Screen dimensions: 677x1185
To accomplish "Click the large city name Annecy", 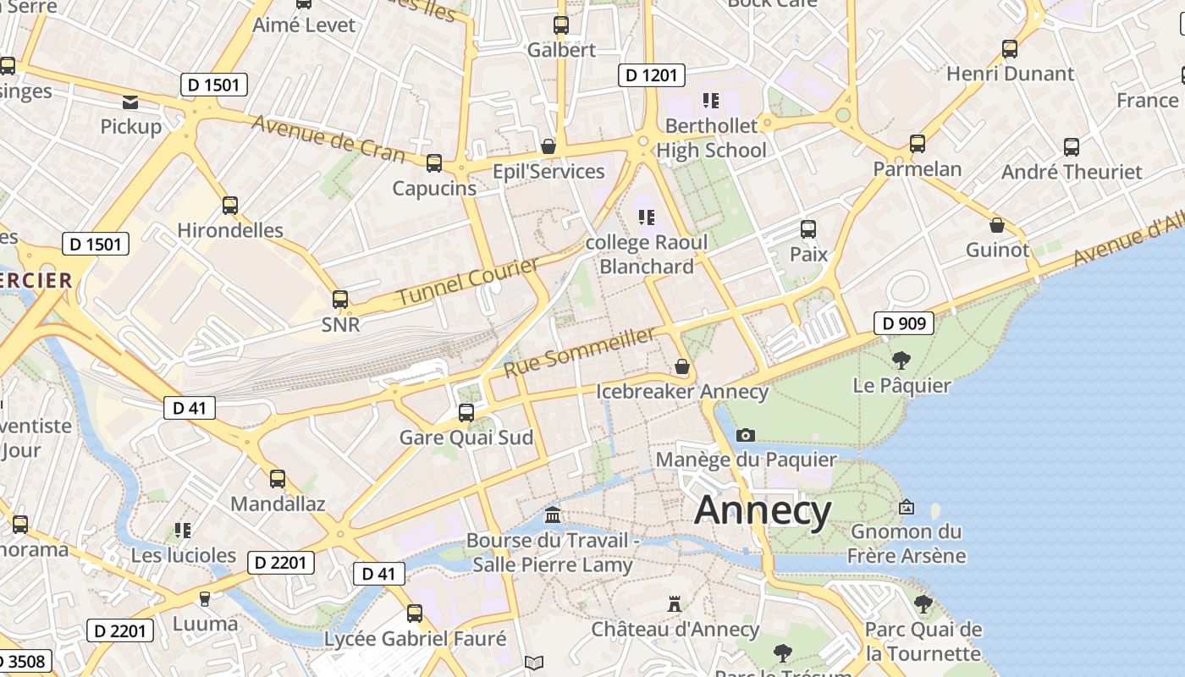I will point(763,510).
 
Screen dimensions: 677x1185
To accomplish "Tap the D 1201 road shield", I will point(651,75).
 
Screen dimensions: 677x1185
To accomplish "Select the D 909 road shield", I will point(903,322).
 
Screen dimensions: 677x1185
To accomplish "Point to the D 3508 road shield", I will point(24,661).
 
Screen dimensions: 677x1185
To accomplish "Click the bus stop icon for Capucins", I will point(434,163).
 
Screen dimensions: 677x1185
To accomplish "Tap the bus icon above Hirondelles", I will point(229,205).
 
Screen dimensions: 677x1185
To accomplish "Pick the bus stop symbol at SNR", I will point(340,300).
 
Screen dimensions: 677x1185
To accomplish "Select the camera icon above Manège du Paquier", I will point(745,435).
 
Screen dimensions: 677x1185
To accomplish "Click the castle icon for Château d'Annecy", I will point(675,604).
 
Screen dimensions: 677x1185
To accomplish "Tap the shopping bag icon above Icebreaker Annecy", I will point(682,366).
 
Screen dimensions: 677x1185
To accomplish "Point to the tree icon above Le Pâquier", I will point(901,361).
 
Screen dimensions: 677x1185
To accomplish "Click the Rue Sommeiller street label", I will point(579,353).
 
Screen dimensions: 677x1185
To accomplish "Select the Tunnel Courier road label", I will point(467,282).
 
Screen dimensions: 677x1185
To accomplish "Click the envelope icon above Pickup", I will point(130,102).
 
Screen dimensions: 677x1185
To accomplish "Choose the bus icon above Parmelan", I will point(918,144).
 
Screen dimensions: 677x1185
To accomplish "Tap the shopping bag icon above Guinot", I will point(997,225).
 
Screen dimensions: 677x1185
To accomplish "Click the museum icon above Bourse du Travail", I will point(553,515).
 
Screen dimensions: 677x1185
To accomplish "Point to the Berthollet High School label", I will point(711,138).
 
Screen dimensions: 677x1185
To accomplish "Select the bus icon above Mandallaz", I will point(277,479).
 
